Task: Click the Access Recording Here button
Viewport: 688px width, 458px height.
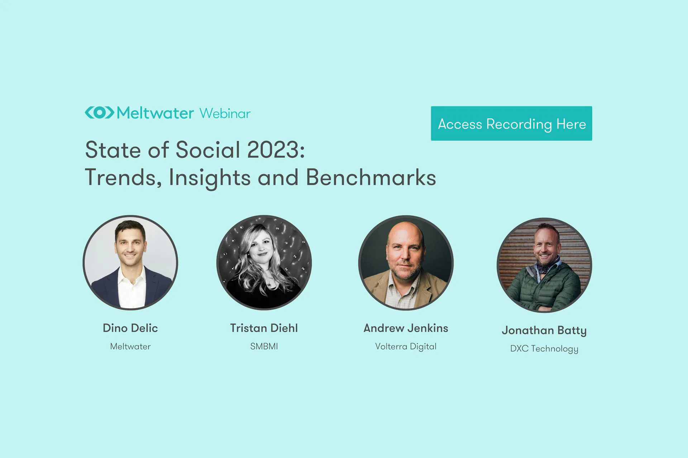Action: [x=511, y=123]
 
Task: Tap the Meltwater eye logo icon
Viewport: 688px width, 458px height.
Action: [x=100, y=112]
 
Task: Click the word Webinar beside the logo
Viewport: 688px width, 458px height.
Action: [x=225, y=113]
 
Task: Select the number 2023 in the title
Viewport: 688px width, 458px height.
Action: [x=274, y=150]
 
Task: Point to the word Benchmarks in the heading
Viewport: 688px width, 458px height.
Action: [x=371, y=177]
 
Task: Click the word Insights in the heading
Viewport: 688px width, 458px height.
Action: [x=210, y=178]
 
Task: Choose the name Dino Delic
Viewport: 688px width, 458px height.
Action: [x=130, y=328]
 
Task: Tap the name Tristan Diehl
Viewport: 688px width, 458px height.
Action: [x=264, y=328]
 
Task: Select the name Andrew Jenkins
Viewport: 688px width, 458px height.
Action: [x=406, y=328]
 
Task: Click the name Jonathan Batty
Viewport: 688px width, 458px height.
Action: [x=544, y=331]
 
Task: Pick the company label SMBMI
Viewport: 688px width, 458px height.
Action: [x=264, y=346]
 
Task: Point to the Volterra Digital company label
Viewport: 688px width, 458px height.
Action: [x=406, y=347]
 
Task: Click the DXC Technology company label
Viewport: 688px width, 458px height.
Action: [x=544, y=349]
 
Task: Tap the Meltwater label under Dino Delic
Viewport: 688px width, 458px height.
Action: [x=130, y=346]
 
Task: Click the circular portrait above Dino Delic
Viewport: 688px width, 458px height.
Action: [x=130, y=263]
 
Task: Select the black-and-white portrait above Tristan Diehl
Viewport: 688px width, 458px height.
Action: [x=264, y=263]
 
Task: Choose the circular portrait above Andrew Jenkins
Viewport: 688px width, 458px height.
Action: [x=406, y=263]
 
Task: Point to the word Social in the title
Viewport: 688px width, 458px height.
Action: [x=208, y=150]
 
